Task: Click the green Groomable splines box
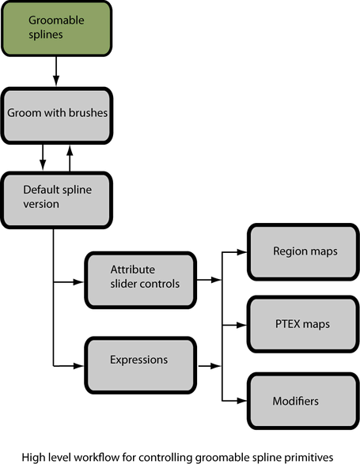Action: click(56, 28)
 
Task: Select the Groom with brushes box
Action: click(57, 115)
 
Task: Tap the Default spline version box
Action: click(56, 200)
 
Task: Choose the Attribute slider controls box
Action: click(141, 281)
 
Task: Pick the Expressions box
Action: click(141, 365)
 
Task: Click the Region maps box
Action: click(303, 252)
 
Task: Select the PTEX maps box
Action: click(303, 324)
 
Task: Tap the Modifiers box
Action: click(303, 401)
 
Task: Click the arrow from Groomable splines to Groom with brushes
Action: click(56, 71)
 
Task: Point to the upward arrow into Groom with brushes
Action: click(70, 158)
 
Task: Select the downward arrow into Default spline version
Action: click(43, 157)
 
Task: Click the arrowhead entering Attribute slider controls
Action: click(79, 282)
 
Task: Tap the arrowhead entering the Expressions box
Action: click(79, 366)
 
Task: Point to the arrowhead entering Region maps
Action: click(242, 252)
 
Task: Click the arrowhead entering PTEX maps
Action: click(242, 325)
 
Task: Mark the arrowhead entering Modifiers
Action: click(242, 401)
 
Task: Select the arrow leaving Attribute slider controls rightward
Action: click(209, 279)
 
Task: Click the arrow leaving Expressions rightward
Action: click(210, 366)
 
